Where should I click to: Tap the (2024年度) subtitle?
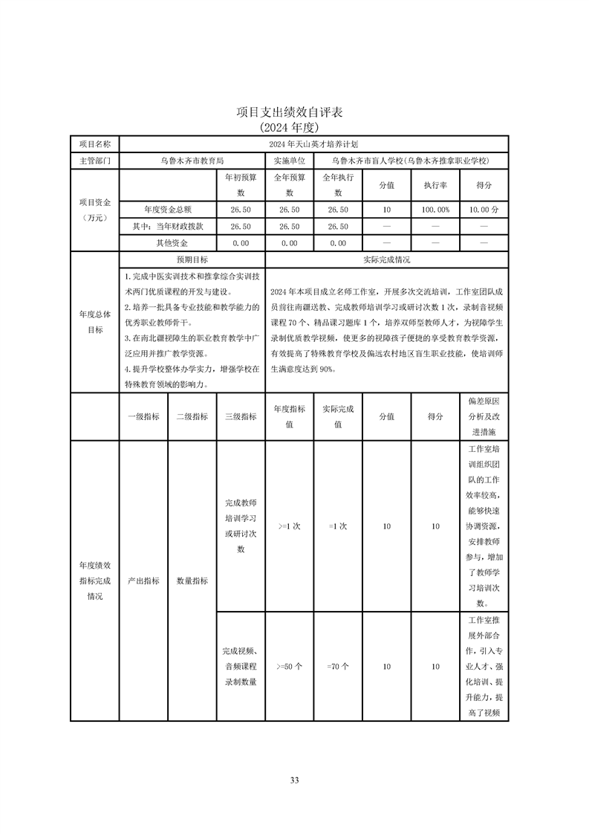pyautogui.click(x=294, y=126)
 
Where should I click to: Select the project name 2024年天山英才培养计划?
pyautogui.click(x=313, y=143)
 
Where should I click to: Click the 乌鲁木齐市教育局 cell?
pyautogui.click(x=192, y=160)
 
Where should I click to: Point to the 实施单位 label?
pyautogui.click(x=289, y=160)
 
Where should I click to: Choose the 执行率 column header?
pyautogui.click(x=435, y=185)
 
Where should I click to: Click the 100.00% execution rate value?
pyautogui.click(x=435, y=210)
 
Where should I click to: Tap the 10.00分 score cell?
pyautogui.click(x=484, y=210)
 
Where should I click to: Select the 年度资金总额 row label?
pyautogui.click(x=168, y=210)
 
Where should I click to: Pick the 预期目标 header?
pyautogui.click(x=192, y=260)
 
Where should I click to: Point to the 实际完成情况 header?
pyautogui.click(x=386, y=260)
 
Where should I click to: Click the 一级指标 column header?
pyautogui.click(x=143, y=417)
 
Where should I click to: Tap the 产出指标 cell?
pyautogui.click(x=143, y=581)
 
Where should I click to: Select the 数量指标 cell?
pyautogui.click(x=192, y=581)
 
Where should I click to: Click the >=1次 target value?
pyautogui.click(x=289, y=526)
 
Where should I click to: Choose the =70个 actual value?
pyautogui.click(x=338, y=667)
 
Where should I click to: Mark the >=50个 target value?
pyautogui.click(x=289, y=667)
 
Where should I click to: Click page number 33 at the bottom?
pyautogui.click(x=294, y=780)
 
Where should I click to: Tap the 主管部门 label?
pyautogui.click(x=94, y=160)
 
